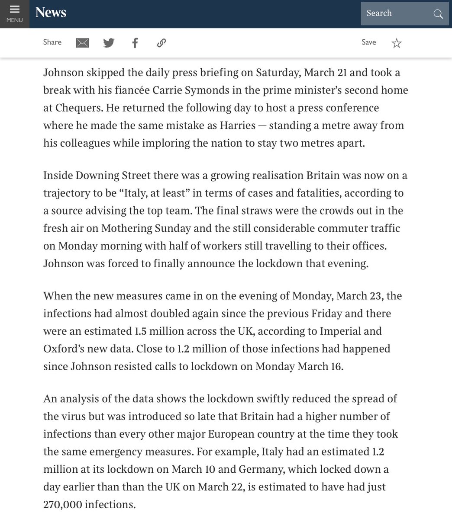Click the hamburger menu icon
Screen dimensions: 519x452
[x=14, y=10]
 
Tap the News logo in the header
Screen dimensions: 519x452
[x=51, y=13]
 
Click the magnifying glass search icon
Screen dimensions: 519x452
[x=438, y=14]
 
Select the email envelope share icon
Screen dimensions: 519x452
[x=82, y=43]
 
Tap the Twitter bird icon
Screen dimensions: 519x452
[x=109, y=43]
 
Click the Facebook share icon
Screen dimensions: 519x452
[x=135, y=43]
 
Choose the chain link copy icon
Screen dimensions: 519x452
[x=161, y=43]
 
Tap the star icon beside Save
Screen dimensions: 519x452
[x=397, y=43]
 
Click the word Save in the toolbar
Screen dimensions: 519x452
[x=369, y=42]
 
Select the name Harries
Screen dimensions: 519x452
[x=237, y=125]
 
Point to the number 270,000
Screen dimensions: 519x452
[x=62, y=504]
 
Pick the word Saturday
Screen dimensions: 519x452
[x=277, y=72]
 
